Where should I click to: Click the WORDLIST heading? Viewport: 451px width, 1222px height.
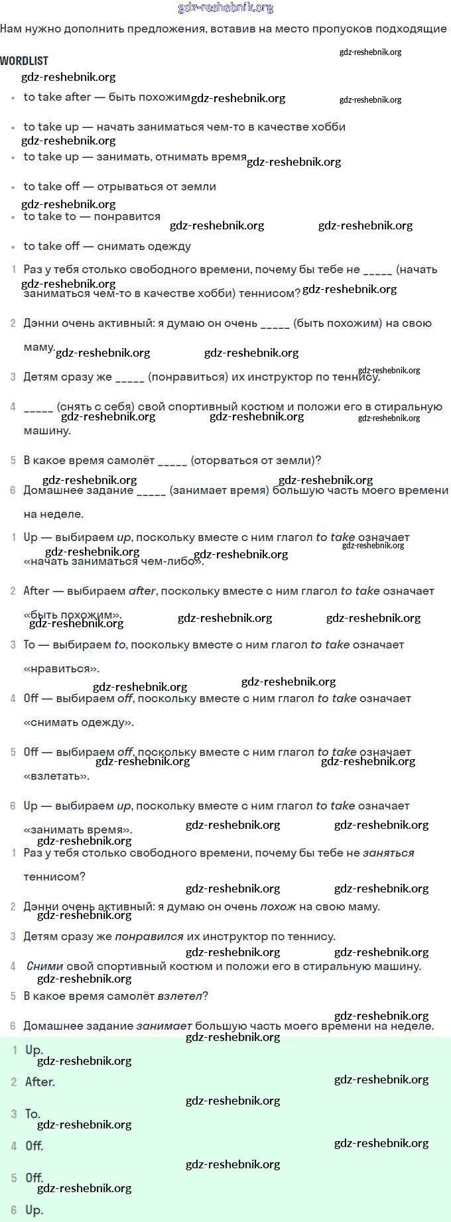[25, 61]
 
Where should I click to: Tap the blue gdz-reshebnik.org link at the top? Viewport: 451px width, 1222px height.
[225, 7]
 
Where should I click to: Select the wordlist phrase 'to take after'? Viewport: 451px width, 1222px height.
[57, 97]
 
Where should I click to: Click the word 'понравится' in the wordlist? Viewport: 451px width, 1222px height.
[127, 216]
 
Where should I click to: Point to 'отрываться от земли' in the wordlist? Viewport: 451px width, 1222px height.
[157, 186]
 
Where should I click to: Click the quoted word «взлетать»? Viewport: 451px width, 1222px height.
[56, 776]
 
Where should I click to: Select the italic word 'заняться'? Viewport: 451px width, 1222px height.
[388, 853]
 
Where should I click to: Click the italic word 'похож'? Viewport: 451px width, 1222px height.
[278, 906]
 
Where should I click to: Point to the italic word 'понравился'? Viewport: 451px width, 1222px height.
[149, 936]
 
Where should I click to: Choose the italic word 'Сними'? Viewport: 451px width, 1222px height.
[45, 966]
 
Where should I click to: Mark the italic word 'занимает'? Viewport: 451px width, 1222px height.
[164, 1026]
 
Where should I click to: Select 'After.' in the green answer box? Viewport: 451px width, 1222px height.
[40, 1081]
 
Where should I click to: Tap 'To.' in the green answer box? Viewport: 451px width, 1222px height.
[32, 1113]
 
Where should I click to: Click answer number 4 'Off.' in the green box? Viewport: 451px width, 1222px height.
[34, 1145]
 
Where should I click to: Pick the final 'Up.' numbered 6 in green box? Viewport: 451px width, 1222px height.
[34, 1209]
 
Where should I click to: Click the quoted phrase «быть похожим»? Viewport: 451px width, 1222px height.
[72, 615]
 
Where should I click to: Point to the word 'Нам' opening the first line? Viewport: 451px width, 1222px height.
[11, 29]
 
